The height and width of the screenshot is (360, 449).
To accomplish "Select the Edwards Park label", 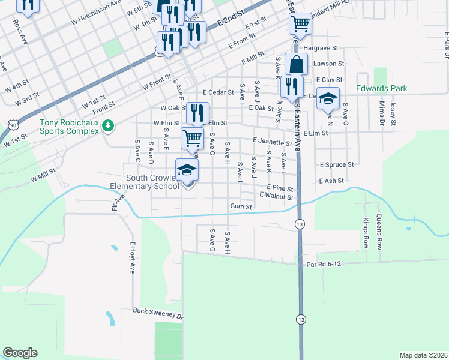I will (381, 88).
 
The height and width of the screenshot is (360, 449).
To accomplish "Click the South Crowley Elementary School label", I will (152, 182).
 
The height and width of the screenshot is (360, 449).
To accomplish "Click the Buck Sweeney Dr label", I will (157, 313).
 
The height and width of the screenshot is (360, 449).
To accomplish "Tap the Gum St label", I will (241, 206).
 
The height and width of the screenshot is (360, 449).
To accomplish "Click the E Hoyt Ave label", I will (133, 257).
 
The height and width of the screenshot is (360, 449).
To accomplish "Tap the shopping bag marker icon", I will (296, 64).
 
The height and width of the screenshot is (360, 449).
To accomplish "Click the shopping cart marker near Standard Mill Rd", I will (300, 24).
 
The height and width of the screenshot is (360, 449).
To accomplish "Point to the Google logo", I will (20, 353).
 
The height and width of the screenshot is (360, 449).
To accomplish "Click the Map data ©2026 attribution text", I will (423, 355).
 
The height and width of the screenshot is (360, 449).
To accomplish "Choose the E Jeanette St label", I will (272, 142).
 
